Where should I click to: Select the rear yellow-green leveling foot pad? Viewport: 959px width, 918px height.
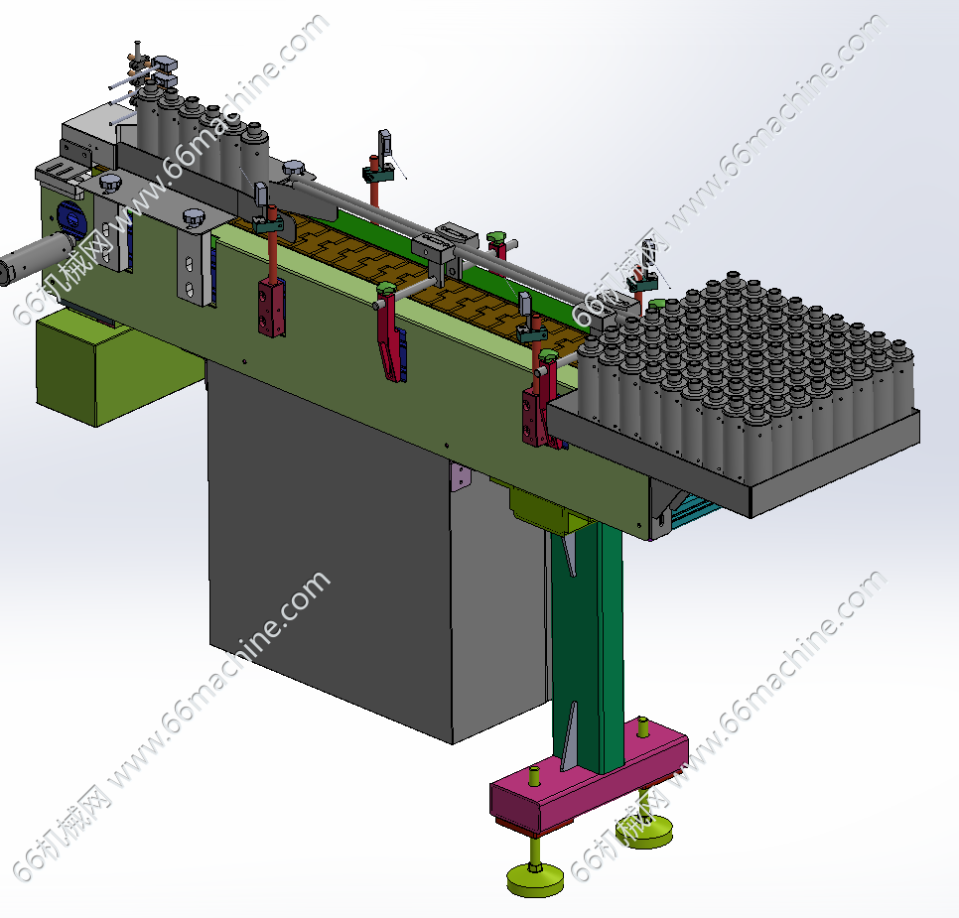pyautogui.click(x=644, y=831)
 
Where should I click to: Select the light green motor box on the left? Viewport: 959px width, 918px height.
pyautogui.click(x=110, y=367)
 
